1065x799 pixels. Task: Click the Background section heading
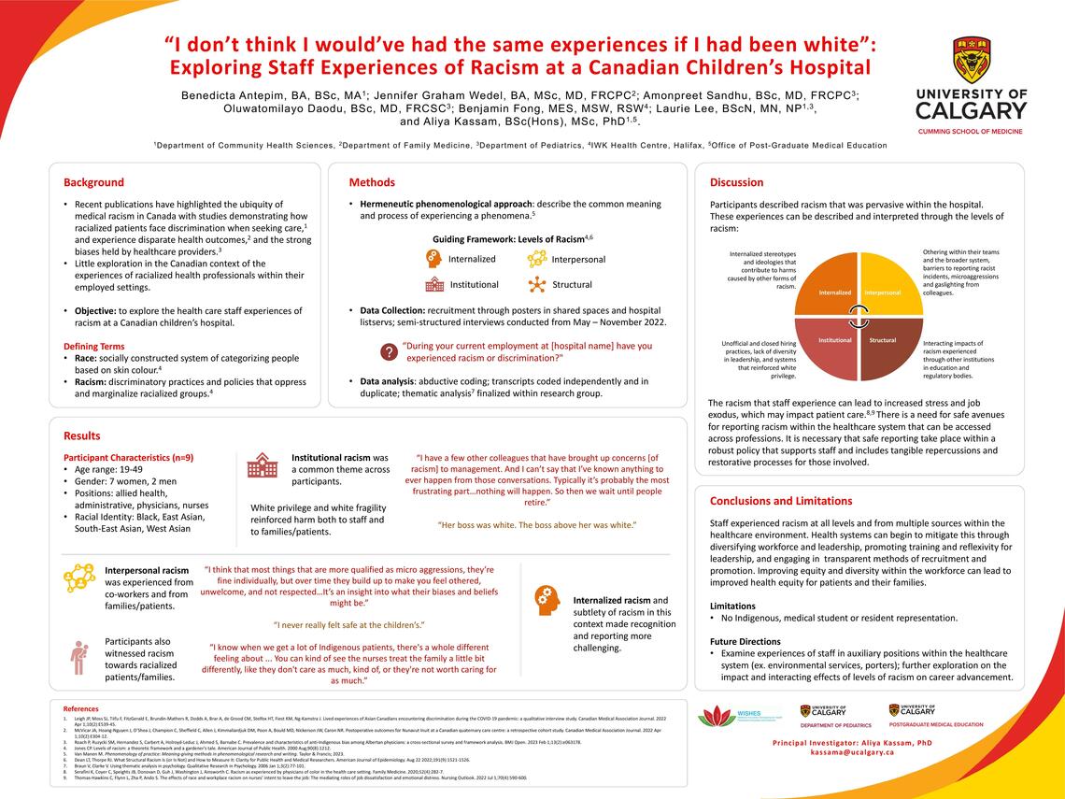click(x=93, y=182)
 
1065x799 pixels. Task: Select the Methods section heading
click(x=372, y=182)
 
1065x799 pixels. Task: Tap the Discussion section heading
click(x=737, y=182)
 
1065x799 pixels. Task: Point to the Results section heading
click(x=82, y=435)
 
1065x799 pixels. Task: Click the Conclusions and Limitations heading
click(x=781, y=500)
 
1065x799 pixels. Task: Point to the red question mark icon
click(x=388, y=352)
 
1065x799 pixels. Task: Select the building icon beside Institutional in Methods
click(x=434, y=284)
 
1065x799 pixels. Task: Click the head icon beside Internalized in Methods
click(x=433, y=259)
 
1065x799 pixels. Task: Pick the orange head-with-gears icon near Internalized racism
click(x=547, y=599)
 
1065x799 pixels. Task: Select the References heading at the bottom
click(x=80, y=709)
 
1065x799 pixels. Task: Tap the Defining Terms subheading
click(x=94, y=346)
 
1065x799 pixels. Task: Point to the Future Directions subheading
click(x=745, y=641)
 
